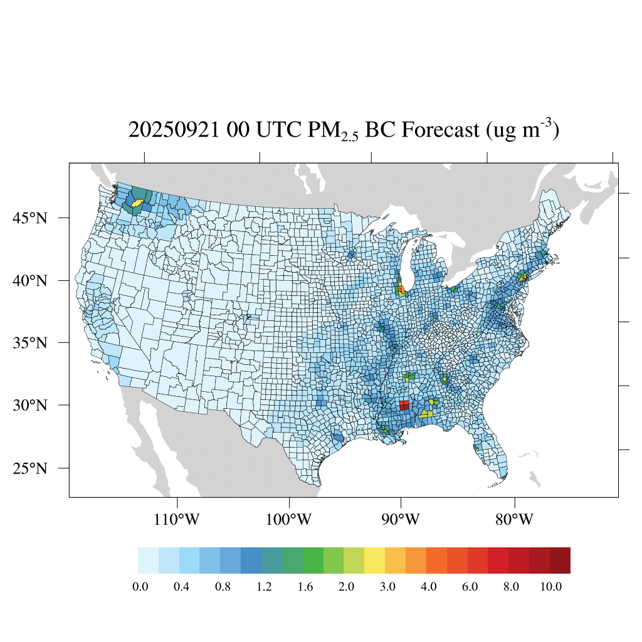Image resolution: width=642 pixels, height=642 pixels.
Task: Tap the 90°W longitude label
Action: pos(401,520)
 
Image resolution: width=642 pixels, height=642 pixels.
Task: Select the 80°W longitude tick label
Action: pos(514,520)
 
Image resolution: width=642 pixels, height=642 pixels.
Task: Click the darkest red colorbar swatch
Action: pos(560,560)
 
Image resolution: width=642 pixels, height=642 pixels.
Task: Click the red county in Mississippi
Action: pos(404,405)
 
